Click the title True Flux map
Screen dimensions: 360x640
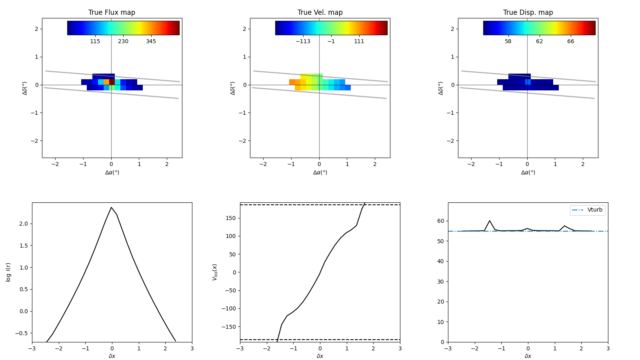pos(112,12)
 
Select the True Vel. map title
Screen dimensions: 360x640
pos(320,12)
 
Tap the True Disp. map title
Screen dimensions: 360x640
pos(528,12)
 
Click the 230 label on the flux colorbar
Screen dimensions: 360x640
pos(123,41)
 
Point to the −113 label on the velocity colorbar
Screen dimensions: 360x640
pos(303,41)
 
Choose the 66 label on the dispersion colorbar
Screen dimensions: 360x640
pos(570,41)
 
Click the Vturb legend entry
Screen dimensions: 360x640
pos(594,210)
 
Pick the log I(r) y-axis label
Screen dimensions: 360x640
pos(8,272)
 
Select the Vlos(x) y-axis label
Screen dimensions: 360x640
pos(215,272)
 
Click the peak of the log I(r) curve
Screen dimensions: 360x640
pos(111,207)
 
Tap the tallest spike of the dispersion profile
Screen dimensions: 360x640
pos(489,220)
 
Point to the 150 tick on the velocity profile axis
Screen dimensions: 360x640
pos(232,218)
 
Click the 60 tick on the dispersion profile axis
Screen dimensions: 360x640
pos(441,221)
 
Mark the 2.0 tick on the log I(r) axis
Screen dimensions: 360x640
pos(24,224)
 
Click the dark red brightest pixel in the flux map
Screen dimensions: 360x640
pos(112,82)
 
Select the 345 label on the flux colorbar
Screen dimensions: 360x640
pos(151,41)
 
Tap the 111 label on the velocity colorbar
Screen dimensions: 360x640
pos(359,41)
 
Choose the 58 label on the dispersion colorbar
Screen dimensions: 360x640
pos(508,41)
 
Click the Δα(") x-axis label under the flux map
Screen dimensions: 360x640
pos(112,172)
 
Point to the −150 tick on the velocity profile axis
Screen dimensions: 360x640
pos(230,327)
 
